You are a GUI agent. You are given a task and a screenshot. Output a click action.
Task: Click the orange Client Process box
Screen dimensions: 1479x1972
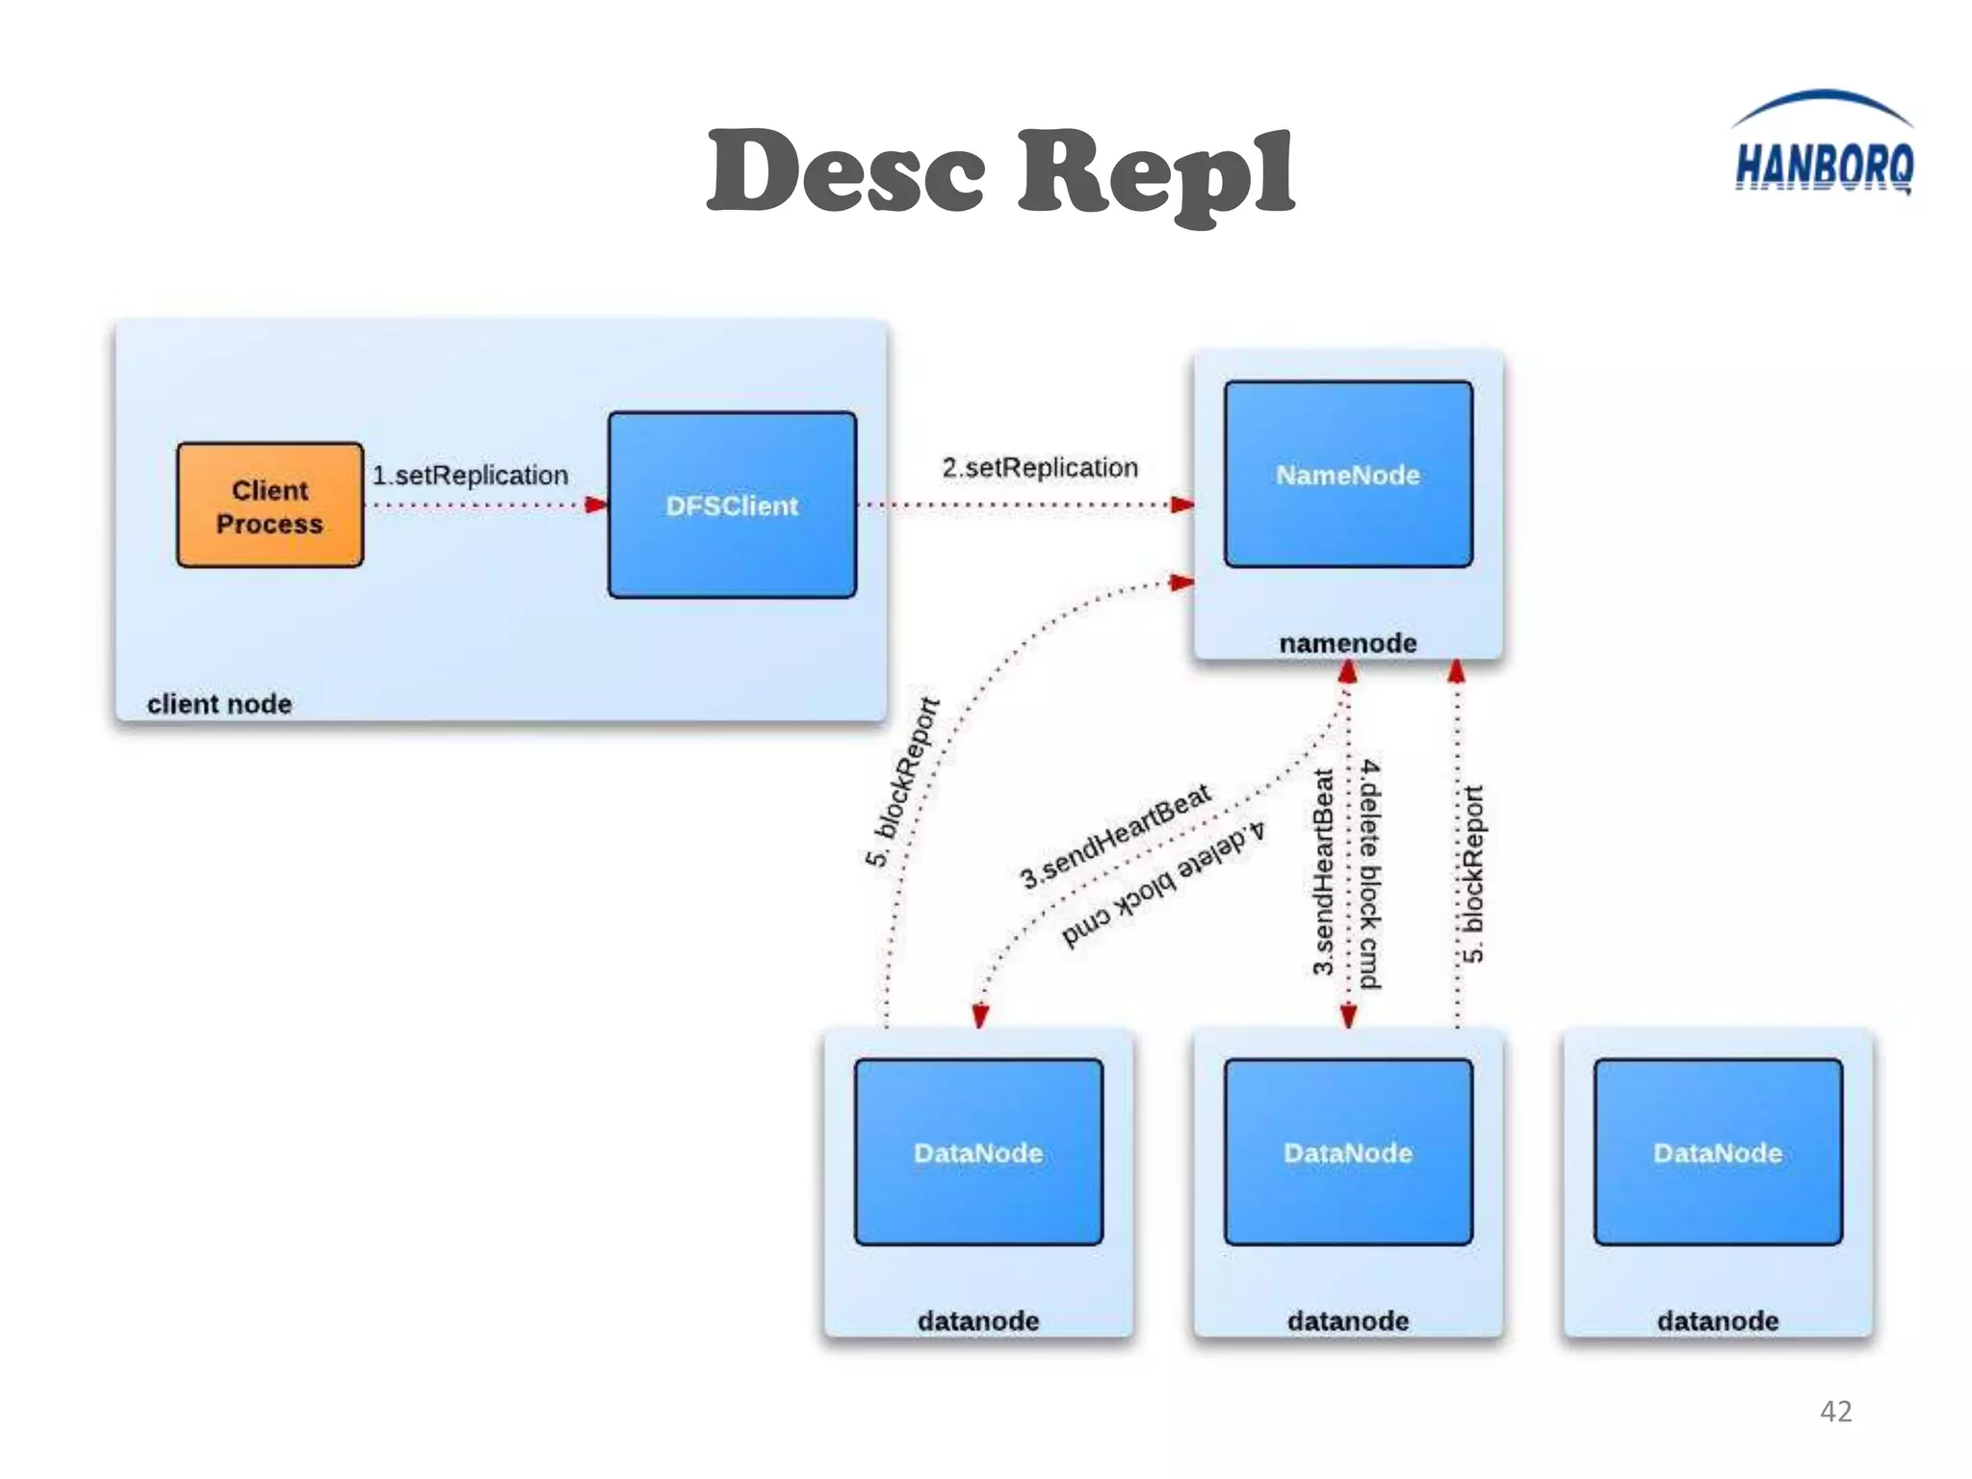click(x=270, y=506)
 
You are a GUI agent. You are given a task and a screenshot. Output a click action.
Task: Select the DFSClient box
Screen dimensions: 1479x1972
click(x=732, y=506)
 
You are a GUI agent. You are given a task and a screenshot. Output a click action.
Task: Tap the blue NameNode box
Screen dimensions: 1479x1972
click(x=1348, y=474)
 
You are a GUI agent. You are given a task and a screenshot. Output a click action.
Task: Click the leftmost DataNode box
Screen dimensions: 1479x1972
click(x=978, y=1153)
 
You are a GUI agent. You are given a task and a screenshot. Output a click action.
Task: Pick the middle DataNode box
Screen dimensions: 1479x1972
click(x=1348, y=1153)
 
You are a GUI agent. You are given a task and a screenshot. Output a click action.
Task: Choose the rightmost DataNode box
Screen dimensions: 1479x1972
click(x=1718, y=1153)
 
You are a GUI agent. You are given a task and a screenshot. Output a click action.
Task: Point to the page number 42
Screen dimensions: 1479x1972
click(x=1835, y=1411)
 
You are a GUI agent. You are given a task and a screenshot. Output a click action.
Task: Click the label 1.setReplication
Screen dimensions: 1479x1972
click(x=470, y=475)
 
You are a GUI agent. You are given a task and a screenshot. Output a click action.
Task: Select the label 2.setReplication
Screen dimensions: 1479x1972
click(x=1040, y=467)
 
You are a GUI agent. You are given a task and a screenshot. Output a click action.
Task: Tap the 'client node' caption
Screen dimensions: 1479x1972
click(x=220, y=704)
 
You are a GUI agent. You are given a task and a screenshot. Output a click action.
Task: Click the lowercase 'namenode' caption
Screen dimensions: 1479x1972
click(x=1348, y=642)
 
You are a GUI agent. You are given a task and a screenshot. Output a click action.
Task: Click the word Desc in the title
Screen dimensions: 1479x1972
click(x=847, y=173)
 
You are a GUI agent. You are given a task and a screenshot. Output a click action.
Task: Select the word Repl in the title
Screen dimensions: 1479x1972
click(x=1155, y=173)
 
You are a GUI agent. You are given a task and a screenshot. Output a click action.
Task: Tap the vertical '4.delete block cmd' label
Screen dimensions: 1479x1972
click(x=1370, y=874)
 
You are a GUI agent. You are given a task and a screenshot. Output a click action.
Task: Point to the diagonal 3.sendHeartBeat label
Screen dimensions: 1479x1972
click(x=1115, y=836)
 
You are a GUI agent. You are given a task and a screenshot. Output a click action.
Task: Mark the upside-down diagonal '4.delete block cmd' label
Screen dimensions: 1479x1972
click(x=1163, y=884)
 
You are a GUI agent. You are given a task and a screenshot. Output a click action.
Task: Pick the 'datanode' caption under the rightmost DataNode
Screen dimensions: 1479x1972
click(x=1718, y=1320)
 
